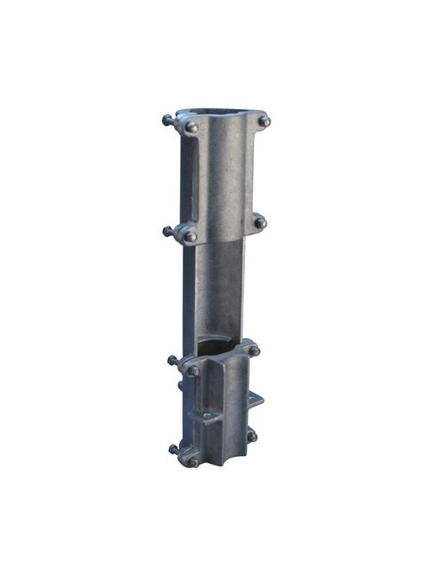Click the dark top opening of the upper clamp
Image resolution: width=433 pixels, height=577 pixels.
220,113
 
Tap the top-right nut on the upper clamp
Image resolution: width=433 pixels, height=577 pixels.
264,121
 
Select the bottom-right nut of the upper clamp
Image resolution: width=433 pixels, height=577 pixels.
259,222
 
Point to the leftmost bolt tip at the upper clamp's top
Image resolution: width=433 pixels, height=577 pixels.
165,119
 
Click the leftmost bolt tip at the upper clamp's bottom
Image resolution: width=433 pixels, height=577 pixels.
166,231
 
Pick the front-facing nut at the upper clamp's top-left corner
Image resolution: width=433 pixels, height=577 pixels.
191,127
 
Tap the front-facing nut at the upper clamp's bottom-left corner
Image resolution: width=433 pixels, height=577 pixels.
190,236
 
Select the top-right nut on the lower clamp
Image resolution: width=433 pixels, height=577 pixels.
254,350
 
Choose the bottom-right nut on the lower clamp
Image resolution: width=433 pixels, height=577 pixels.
251,436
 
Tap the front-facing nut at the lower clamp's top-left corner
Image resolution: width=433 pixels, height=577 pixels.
194,370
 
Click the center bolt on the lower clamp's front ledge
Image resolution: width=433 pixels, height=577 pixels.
207,416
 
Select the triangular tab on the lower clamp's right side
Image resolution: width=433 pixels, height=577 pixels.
256,399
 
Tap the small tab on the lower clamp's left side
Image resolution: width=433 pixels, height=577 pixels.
180,386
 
